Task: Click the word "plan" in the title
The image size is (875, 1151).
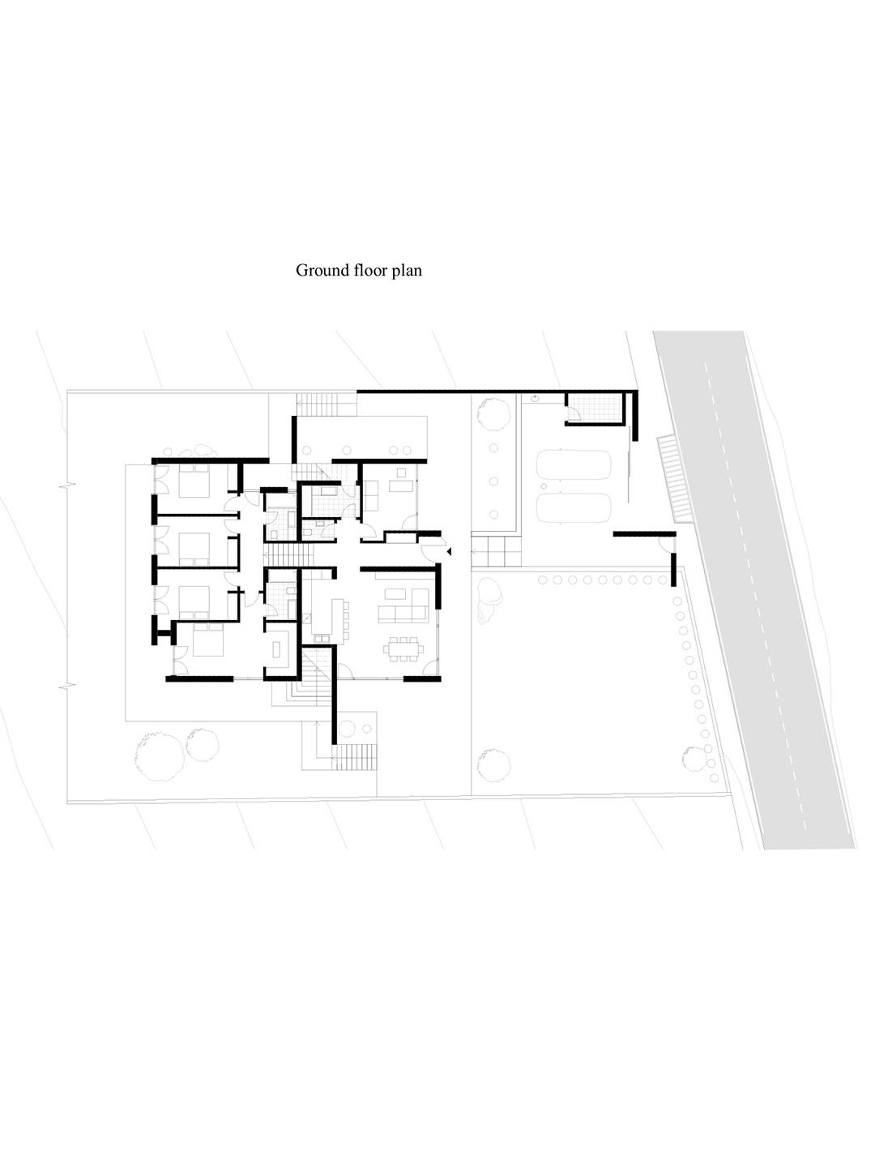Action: [408, 272]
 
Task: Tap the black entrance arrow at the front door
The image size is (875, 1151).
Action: [449, 551]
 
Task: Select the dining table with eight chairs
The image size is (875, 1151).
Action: [403, 648]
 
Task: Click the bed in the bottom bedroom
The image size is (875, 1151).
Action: [208, 640]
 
